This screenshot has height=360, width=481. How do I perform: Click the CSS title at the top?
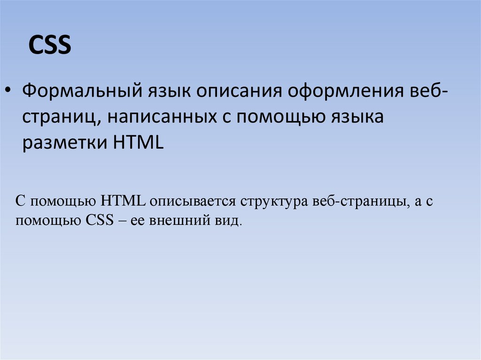(x=50, y=46)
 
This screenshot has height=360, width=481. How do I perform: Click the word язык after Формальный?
(x=163, y=90)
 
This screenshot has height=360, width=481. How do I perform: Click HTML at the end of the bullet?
(x=138, y=142)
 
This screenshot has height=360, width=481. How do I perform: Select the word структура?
(x=274, y=202)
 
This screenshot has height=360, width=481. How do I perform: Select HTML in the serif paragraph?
(x=122, y=202)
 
